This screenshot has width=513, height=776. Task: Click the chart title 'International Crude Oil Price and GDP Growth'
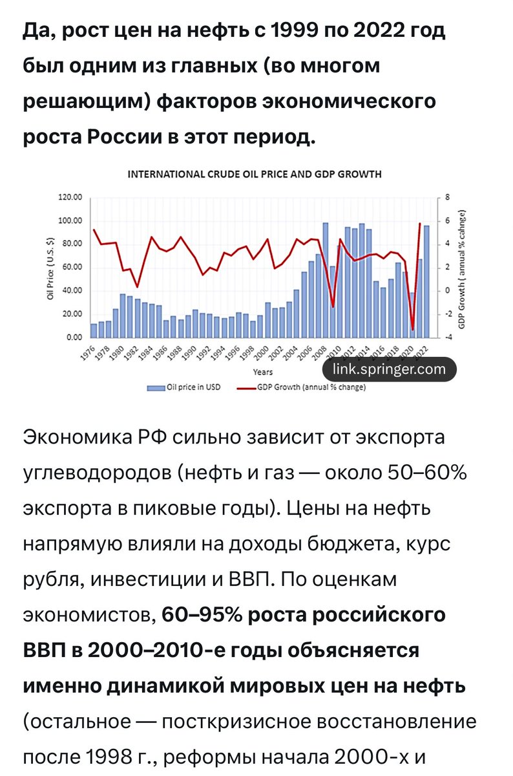254,174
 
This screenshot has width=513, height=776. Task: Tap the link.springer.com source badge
389,369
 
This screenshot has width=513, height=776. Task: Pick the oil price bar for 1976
94,330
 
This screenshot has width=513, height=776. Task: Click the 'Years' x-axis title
262,372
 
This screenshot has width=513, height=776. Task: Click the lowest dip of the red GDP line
413,330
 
